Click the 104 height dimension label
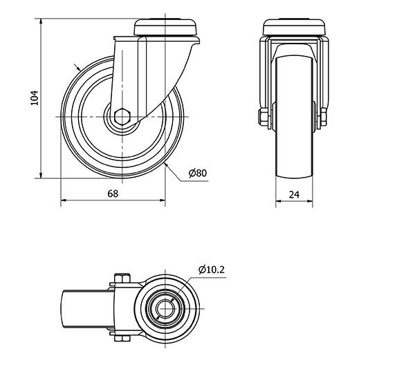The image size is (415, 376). [35, 98]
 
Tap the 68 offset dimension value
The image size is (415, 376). [113, 194]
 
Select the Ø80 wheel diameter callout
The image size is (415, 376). [198, 173]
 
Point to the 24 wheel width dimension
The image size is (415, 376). [294, 195]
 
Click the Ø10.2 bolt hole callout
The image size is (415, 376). [212, 270]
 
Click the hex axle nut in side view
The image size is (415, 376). [122, 116]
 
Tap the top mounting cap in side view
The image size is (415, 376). [166, 27]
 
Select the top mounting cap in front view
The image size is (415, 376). [294, 28]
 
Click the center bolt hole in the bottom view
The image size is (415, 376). [165, 308]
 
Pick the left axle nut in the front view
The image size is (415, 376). [262, 117]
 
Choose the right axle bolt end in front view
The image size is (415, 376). [324, 117]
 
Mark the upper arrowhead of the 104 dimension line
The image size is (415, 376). [41, 21]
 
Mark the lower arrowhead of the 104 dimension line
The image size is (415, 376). [41, 176]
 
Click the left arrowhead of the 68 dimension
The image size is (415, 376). [64, 200]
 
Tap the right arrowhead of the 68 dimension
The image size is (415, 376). [163, 200]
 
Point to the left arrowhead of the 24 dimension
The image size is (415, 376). [279, 201]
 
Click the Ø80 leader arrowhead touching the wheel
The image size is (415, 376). [166, 165]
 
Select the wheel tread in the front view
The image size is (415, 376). [295, 117]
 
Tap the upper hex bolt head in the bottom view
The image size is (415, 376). [122, 279]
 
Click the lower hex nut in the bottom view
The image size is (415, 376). [122, 339]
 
